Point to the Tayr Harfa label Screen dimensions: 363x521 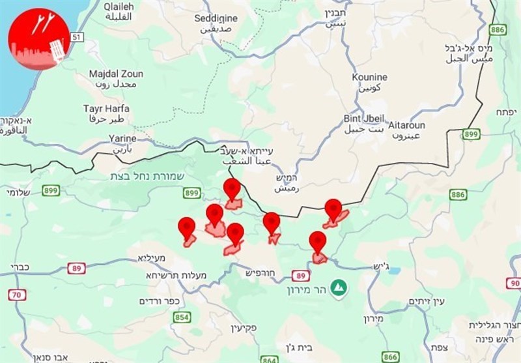pos(106,108)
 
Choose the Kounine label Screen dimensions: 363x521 pos(369,77)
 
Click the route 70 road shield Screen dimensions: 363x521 pos(18,295)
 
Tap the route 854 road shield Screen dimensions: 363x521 pos(182,317)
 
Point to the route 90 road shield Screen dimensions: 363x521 pos(513,283)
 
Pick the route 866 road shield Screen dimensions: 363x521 pos(390,357)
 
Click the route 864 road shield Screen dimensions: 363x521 pos(269,359)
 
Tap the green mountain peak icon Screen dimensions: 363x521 pos(337,287)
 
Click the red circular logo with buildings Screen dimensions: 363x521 pos(38,38)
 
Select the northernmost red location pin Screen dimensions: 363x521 pos(232,189)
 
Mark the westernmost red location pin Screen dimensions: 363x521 pos(187,227)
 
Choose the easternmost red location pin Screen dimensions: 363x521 pos(333,210)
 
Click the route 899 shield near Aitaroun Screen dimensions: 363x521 pos(472,134)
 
